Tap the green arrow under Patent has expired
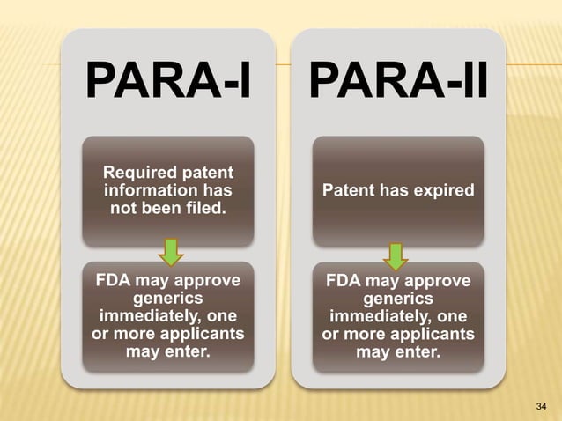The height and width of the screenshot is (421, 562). tap(397, 256)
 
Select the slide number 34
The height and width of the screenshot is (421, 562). tap(541, 405)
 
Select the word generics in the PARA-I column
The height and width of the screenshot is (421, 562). tap(168, 299)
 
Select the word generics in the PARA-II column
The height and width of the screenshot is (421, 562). tap(398, 299)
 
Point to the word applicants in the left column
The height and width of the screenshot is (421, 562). tap(201, 335)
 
